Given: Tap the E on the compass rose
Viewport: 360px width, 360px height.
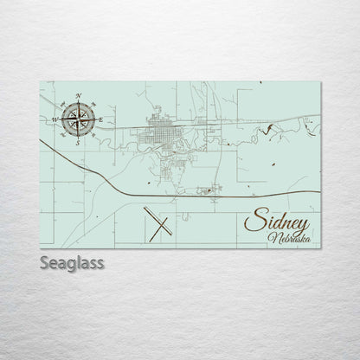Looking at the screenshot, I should pyautogui.click(x=100, y=119).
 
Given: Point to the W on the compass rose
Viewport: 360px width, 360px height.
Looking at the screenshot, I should pyautogui.click(x=54, y=118).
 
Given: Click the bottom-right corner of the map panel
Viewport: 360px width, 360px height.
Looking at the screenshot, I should pyautogui.click(x=321, y=244).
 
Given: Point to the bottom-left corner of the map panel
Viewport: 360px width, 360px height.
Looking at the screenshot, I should pyautogui.click(x=40, y=244).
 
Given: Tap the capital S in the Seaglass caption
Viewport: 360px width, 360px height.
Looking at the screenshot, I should pyautogui.click(x=44, y=261).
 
